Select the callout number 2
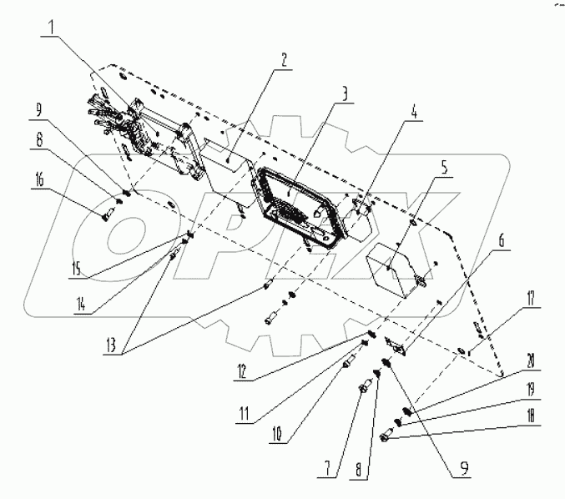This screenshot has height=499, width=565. point(284,59)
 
